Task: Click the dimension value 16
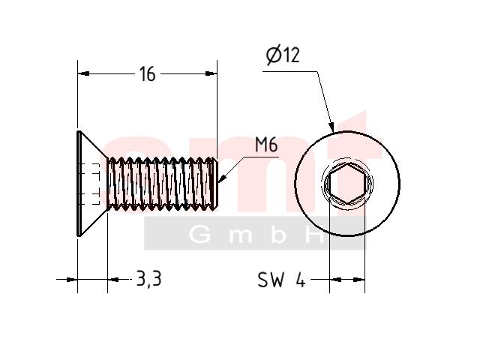click(x=147, y=74)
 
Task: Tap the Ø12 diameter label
click(x=283, y=55)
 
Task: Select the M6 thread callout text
click(x=266, y=145)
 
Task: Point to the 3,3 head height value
click(x=148, y=279)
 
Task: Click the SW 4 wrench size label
click(x=281, y=279)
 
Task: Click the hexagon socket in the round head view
click(x=347, y=184)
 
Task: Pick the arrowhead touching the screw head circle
click(x=331, y=127)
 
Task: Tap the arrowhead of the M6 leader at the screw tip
click(x=222, y=179)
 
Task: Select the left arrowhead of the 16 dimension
click(x=83, y=73)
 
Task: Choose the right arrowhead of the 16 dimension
click(x=211, y=73)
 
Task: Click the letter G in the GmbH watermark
click(x=200, y=235)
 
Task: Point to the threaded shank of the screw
click(x=162, y=184)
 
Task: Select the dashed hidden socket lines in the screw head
click(x=91, y=184)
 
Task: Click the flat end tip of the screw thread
click(x=216, y=184)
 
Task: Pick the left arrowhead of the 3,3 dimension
click(x=71, y=279)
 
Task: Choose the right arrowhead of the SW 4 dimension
click(x=359, y=280)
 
